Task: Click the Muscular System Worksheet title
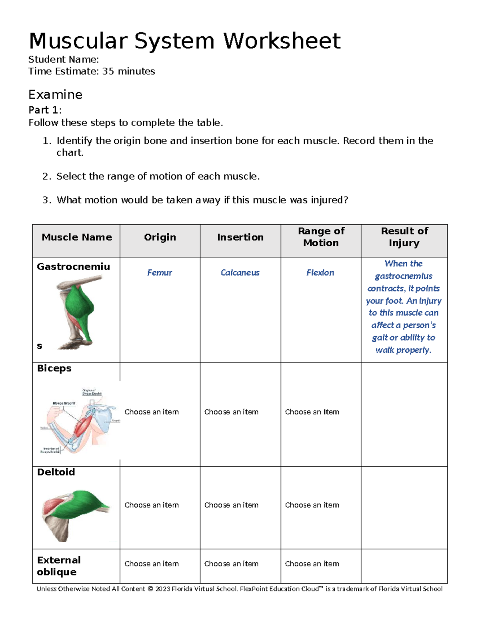184,41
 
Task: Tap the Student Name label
63,60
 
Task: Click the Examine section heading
55,95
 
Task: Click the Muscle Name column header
76,237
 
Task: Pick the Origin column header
160,237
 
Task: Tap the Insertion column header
240,237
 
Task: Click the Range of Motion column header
321,237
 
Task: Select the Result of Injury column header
404,237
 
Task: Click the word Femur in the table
159,273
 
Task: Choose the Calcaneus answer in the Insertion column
240,273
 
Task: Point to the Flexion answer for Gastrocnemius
320,273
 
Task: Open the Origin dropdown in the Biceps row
152,412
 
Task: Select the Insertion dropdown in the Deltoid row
231,505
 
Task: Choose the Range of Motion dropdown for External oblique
312,564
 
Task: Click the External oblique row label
59,566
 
